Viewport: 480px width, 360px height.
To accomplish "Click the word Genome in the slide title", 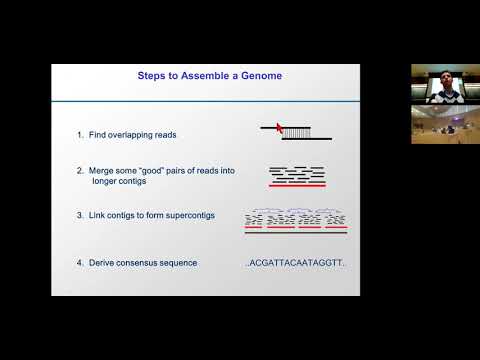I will [253, 75].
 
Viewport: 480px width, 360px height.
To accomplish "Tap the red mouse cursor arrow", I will [280, 127].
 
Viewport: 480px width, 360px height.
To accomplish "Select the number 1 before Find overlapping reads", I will [79, 134].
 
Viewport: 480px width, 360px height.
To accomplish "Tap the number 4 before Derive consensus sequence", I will [79, 262].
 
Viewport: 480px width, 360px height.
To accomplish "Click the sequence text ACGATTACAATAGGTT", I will [296, 263].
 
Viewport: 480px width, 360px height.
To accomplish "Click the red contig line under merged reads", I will [296, 185].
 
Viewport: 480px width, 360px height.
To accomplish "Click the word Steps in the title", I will [151, 75].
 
